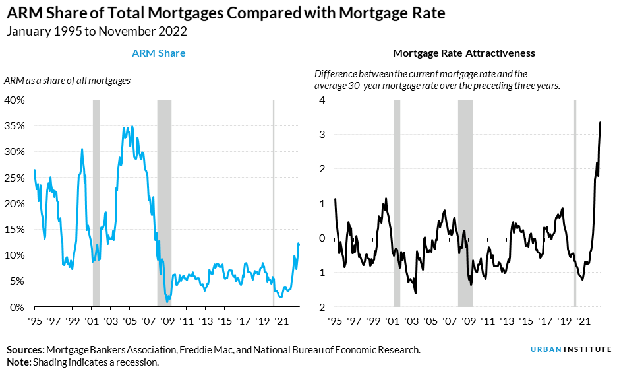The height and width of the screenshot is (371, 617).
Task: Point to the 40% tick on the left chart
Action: tap(15, 100)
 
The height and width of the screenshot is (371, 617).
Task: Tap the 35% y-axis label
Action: tap(15, 126)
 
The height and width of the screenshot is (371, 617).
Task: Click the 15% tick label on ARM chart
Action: tap(15, 230)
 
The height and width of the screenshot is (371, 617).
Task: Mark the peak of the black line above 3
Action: tap(600, 123)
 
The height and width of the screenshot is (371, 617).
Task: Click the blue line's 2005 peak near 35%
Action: tap(132, 127)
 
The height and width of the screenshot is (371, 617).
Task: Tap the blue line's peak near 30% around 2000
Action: tap(82, 149)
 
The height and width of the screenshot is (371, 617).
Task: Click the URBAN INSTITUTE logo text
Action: tap(570, 349)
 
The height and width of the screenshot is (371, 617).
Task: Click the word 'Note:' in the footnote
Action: tap(18, 362)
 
